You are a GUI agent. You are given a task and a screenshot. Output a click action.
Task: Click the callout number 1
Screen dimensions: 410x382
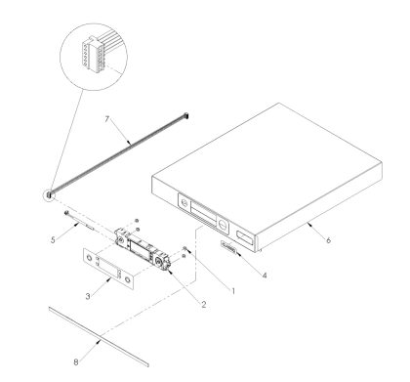pos(233,291)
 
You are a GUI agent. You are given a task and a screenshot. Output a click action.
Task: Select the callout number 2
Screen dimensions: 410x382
pos(204,305)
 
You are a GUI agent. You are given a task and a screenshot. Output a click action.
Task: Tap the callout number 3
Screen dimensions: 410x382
pos(88,296)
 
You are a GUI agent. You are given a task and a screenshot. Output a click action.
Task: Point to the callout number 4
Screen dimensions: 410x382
pos(265,276)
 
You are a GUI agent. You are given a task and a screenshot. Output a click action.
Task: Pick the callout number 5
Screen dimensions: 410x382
pos(53,240)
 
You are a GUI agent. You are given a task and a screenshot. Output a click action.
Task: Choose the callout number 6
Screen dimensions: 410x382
pos(328,240)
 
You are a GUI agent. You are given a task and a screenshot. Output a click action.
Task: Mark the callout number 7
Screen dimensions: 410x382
pos(107,119)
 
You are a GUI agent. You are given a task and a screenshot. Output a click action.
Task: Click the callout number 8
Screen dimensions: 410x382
pos(76,362)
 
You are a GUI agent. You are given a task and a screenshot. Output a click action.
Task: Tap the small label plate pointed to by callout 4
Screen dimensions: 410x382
pos(228,247)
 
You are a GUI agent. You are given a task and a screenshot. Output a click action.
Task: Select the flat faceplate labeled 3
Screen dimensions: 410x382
pos(108,269)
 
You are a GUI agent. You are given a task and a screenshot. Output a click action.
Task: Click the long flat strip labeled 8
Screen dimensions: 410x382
pos(99,336)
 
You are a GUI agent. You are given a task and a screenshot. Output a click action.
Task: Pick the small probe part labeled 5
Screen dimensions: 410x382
pos(80,221)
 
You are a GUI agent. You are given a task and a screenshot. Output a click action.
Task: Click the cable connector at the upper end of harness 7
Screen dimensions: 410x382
pos(186,115)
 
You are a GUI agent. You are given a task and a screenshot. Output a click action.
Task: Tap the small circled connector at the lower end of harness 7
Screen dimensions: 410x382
pos(50,195)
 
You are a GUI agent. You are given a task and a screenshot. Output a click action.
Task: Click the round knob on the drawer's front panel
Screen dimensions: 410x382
pos(223,225)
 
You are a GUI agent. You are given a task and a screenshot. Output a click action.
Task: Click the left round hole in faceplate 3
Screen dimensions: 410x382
pos(89,258)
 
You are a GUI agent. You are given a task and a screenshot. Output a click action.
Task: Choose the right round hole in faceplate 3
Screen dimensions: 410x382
pos(128,279)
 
